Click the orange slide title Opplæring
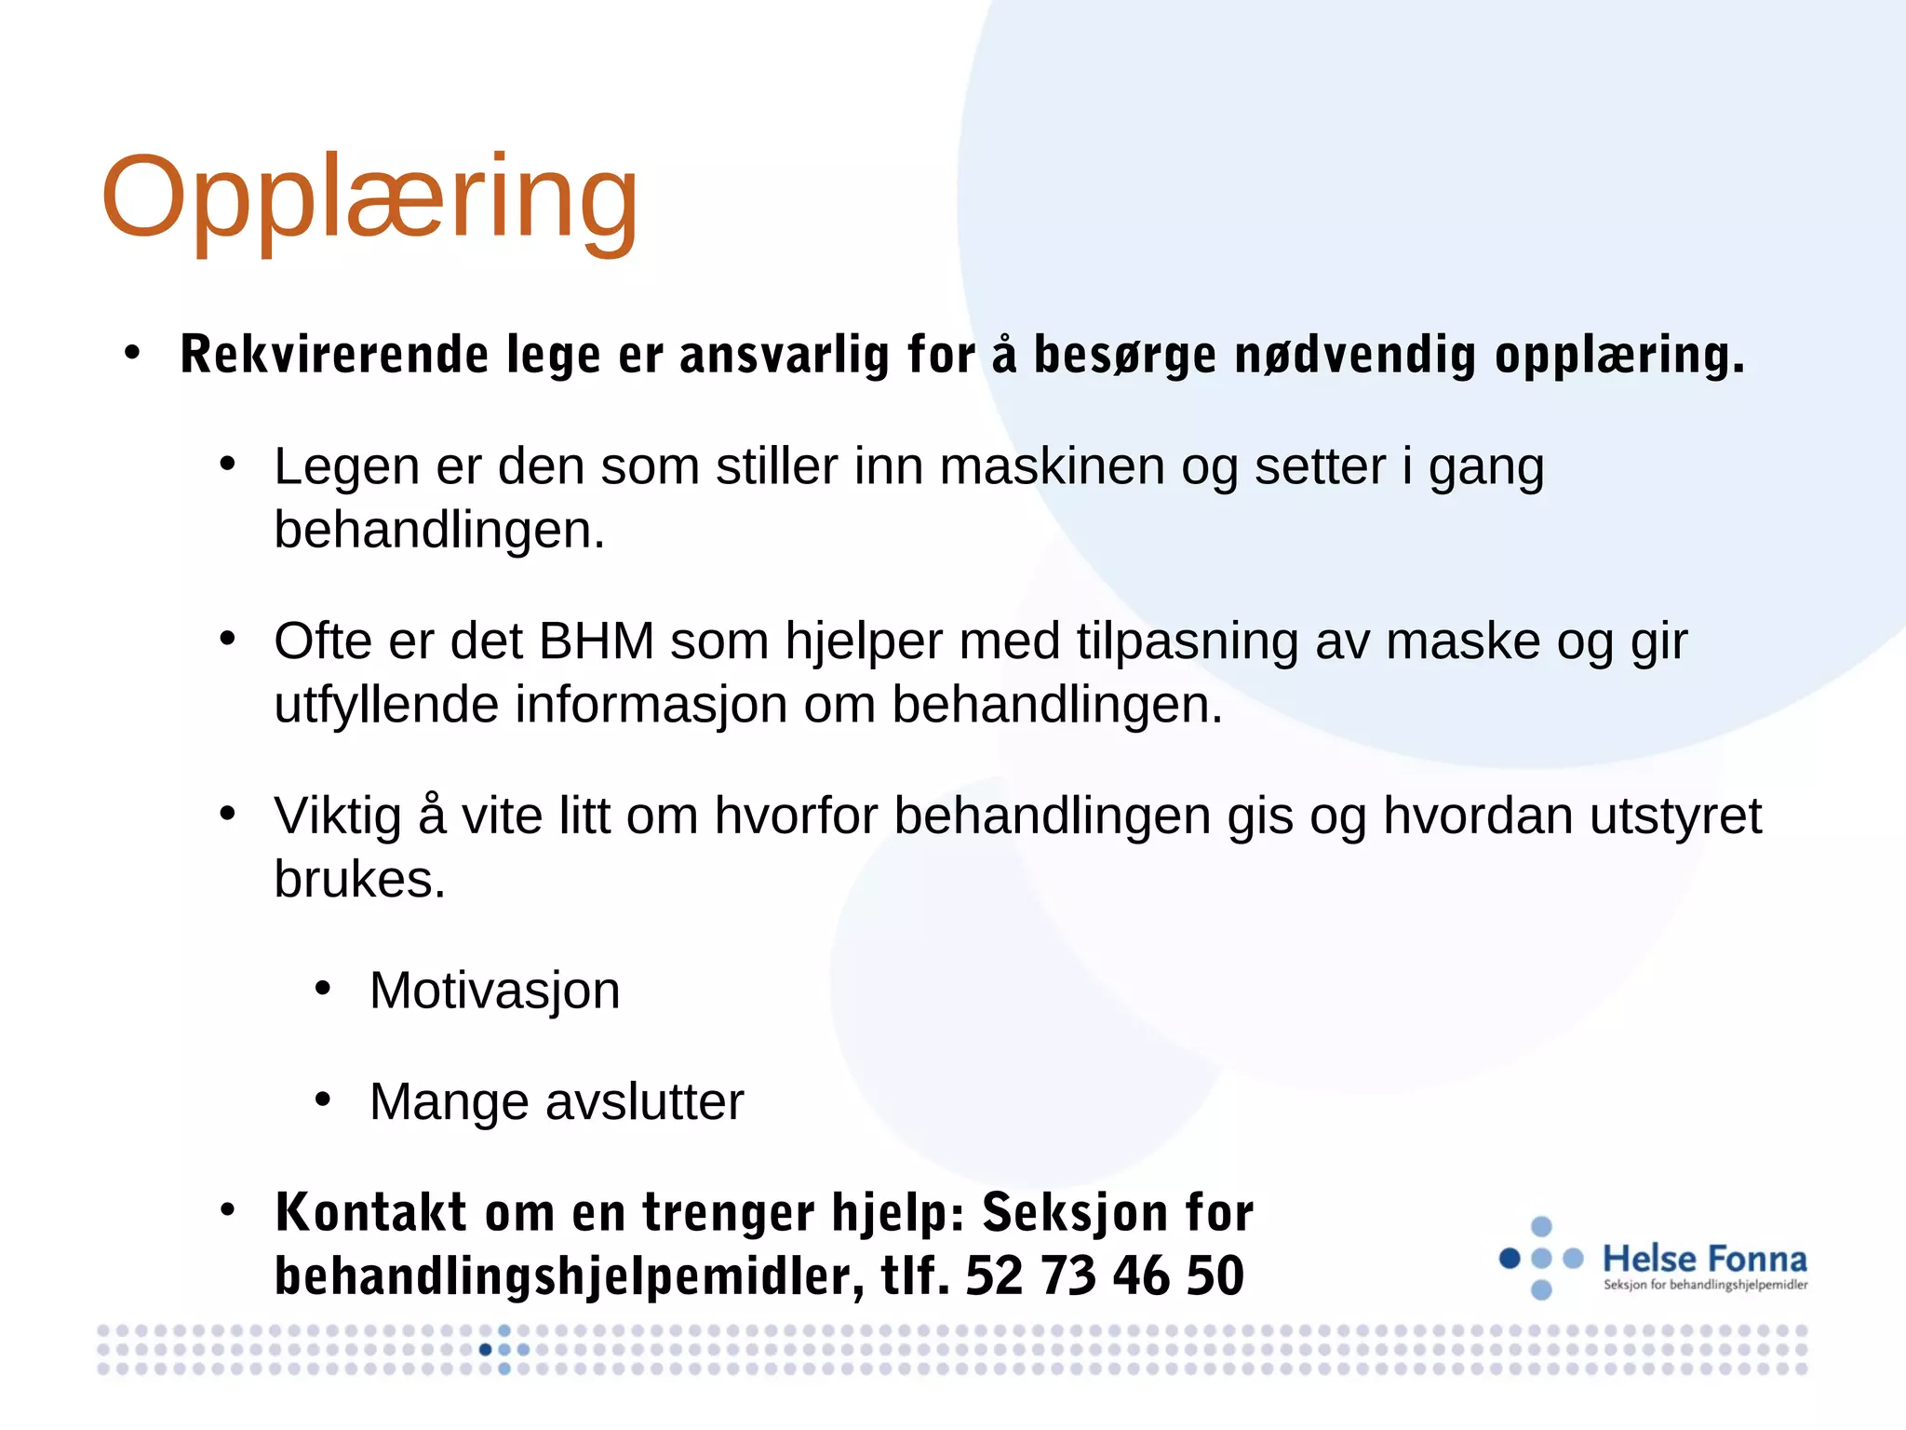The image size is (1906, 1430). (x=369, y=198)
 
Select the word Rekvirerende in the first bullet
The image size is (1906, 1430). (x=334, y=355)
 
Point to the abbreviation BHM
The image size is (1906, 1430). (x=596, y=641)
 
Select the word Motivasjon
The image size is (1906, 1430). (x=494, y=991)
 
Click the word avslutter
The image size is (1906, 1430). (x=644, y=1102)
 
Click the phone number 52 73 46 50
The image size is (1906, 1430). (x=1104, y=1276)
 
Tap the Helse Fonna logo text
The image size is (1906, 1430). (x=1704, y=1259)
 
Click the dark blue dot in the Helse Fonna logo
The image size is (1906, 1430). (x=1510, y=1259)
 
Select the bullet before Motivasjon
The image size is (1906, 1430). (x=323, y=989)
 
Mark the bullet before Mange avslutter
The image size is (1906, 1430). (x=323, y=1100)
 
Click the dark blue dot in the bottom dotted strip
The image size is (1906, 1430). (x=485, y=1349)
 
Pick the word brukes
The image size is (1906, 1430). (x=359, y=880)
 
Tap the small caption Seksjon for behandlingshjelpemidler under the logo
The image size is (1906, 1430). (x=1705, y=1286)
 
